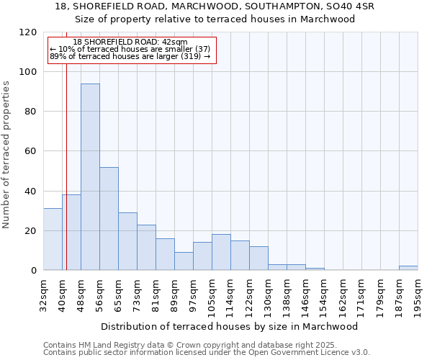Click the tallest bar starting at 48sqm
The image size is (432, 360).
(x=90, y=177)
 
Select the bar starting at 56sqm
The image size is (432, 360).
(x=109, y=219)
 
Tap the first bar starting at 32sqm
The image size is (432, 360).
(x=53, y=239)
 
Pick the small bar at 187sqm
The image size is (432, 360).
(x=408, y=268)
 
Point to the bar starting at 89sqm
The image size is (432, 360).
(x=184, y=261)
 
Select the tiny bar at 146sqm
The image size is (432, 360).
(x=315, y=269)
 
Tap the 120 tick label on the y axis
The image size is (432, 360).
(x=28, y=32)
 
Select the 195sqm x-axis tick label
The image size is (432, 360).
(x=418, y=293)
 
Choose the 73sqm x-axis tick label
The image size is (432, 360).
(x=137, y=293)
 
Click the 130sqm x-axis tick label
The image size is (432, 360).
(x=268, y=293)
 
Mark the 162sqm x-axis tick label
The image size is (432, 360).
(x=343, y=293)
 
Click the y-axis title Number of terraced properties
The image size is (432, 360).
(x=7, y=154)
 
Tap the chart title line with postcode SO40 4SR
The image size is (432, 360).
(x=215, y=6)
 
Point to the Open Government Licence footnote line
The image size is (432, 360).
(x=207, y=353)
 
